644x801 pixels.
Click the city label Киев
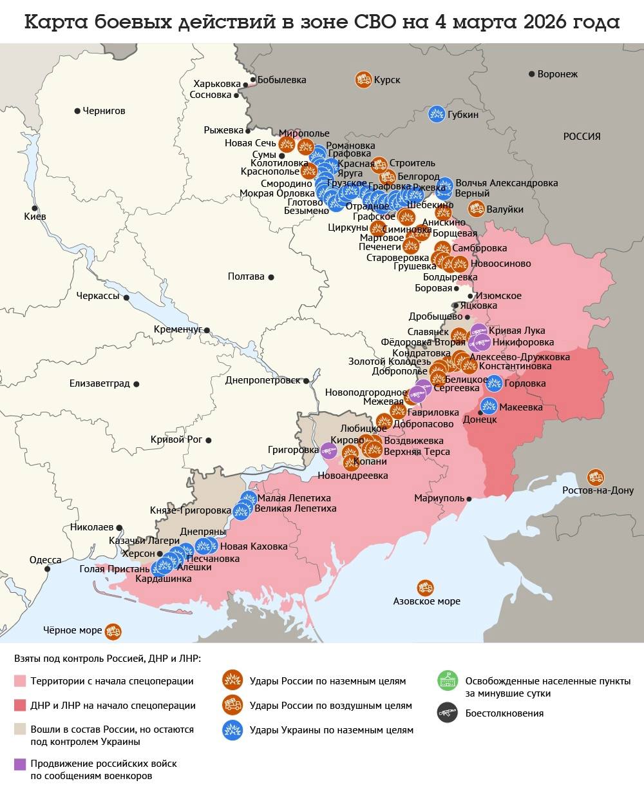pyautogui.click(x=35, y=217)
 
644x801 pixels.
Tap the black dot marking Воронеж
pyautogui.click(x=532, y=74)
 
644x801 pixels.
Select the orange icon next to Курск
pyautogui.click(x=363, y=79)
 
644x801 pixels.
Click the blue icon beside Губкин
pyautogui.click(x=437, y=114)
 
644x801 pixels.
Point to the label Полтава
pyautogui.click(x=246, y=276)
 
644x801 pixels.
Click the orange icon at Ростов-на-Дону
pyautogui.click(x=596, y=477)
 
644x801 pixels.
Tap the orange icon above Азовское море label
pyautogui.click(x=425, y=588)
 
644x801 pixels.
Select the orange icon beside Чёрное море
pyautogui.click(x=113, y=631)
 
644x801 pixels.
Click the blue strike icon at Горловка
pyautogui.click(x=494, y=383)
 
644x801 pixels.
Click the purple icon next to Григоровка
pyautogui.click(x=328, y=450)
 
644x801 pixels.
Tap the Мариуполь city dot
pyautogui.click(x=469, y=499)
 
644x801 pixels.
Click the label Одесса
pyautogui.click(x=45, y=560)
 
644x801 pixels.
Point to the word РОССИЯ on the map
pyautogui.click(x=582, y=137)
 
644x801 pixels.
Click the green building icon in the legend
pyautogui.click(x=446, y=680)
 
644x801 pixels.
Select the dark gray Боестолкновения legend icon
pyautogui.click(x=446, y=713)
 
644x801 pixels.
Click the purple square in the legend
pyautogui.click(x=20, y=764)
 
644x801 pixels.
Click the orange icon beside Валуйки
pyautogui.click(x=477, y=208)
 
